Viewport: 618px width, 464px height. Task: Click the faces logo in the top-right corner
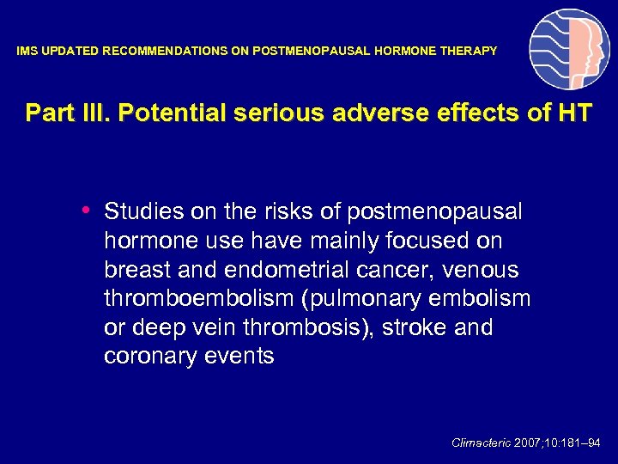pos(569,50)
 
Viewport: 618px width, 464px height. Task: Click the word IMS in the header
pos(27,52)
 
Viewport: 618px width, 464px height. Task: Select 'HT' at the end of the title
pos(574,113)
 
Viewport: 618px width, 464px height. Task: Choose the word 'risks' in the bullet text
pos(271,211)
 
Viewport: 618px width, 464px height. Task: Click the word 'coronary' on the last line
pos(146,357)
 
